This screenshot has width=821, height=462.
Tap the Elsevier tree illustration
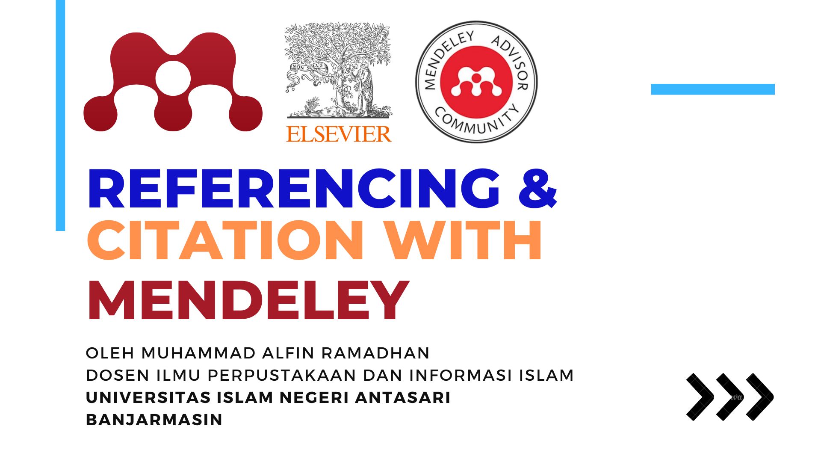click(338, 71)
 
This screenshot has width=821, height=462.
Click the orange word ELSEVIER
click(339, 134)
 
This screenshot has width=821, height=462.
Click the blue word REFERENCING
click(293, 189)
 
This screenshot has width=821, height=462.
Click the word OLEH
click(110, 353)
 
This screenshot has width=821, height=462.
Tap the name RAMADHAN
click(375, 353)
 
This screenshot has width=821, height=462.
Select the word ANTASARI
click(403, 398)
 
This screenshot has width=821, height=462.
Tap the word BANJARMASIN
click(154, 420)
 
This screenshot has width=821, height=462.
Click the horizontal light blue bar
click(713, 89)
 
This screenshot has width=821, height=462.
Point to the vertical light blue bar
click(60, 115)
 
